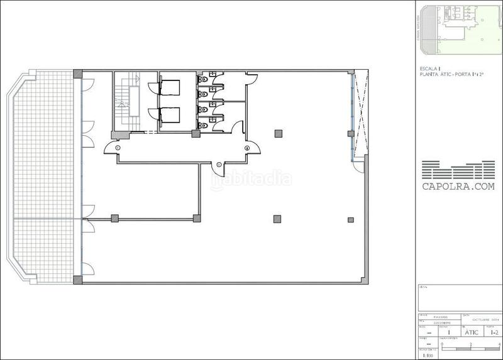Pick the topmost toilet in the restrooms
pyautogui.click(x=202, y=80)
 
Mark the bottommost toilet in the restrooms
pyautogui.click(x=202, y=124)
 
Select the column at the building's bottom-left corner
pyautogui.click(x=77, y=279)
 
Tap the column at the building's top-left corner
pyautogui.click(x=77, y=74)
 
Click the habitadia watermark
pyautogui.click(x=250, y=179)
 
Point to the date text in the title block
pyautogui.click(x=477, y=319)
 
